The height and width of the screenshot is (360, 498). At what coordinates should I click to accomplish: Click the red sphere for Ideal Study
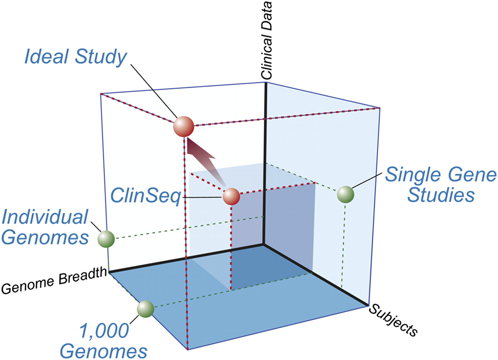click(183, 126)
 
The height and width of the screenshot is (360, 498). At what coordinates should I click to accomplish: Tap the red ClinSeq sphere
click(231, 197)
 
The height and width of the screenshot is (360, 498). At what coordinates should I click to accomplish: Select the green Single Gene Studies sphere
click(345, 194)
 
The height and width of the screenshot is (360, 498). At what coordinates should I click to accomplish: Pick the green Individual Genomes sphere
click(106, 239)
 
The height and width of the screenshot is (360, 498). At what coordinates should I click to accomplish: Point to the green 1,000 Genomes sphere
click(146, 309)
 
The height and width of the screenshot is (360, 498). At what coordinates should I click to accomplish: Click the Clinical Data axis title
click(268, 40)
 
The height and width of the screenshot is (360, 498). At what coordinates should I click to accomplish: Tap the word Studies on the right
click(440, 196)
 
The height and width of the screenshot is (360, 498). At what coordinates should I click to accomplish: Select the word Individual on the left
click(45, 217)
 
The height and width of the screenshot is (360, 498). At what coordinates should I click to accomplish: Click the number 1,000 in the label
click(104, 332)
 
